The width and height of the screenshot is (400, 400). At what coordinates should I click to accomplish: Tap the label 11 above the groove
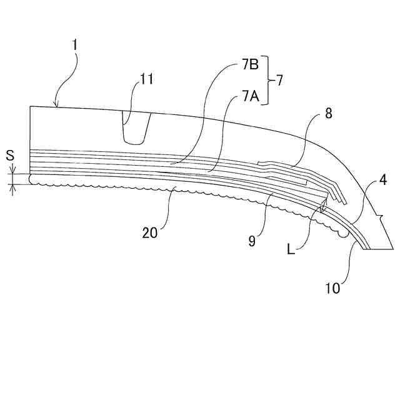coord(146,79)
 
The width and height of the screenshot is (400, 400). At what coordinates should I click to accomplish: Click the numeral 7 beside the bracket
coord(279,81)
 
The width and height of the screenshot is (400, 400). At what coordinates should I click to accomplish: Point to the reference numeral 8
coord(328,114)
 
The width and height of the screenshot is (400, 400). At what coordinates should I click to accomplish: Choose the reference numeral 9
coord(252,241)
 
